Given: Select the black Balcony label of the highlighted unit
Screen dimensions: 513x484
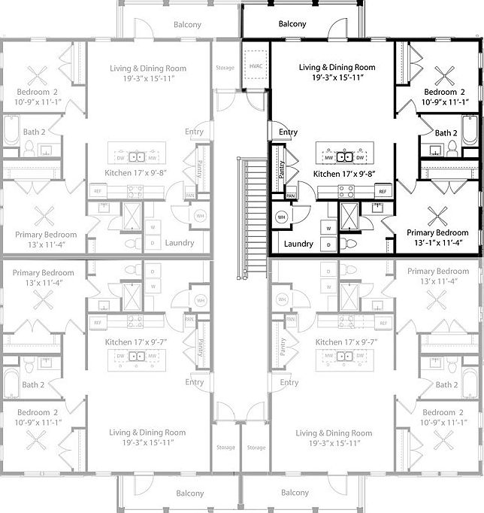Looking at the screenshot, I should click(292, 24).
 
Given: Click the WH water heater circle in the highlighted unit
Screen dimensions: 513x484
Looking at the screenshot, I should click(282, 217).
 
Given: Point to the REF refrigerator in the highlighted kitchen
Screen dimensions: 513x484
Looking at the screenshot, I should click(382, 192).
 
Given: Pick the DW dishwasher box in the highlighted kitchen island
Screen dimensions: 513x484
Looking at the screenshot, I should click(360, 157).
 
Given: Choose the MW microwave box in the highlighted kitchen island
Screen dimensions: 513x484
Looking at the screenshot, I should click(329, 157).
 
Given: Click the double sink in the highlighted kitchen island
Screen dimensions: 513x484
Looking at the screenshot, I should click(345, 157).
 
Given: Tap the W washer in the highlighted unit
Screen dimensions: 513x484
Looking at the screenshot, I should click(328, 226).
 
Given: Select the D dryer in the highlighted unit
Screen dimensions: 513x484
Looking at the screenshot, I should click(328, 244).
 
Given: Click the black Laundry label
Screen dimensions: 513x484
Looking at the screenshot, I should click(299, 244).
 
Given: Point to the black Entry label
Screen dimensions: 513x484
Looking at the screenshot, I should click(289, 132).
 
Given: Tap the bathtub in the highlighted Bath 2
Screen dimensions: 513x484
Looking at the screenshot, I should click(468, 132).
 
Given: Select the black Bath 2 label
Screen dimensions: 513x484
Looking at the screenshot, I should click(446, 133).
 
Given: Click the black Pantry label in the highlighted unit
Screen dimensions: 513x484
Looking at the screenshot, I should click(281, 171).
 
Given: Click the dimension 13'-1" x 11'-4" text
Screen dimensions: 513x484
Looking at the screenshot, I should click(437, 242).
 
